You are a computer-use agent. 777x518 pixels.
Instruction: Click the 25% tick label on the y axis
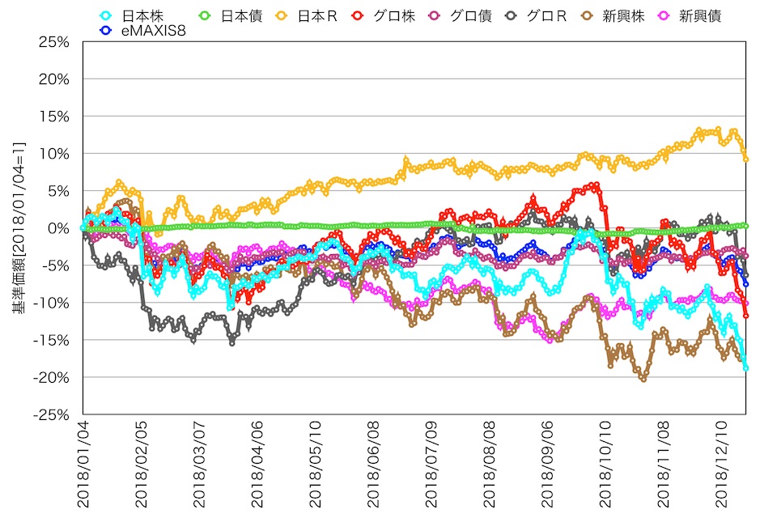(x=53, y=42)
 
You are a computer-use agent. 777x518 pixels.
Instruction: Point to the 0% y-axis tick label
(x=58, y=228)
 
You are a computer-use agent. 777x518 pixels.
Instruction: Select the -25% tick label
(x=51, y=414)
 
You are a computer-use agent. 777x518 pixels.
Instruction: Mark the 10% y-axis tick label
(x=53, y=154)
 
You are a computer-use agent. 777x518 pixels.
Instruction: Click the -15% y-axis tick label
(x=51, y=340)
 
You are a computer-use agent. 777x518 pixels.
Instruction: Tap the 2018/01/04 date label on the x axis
(x=83, y=465)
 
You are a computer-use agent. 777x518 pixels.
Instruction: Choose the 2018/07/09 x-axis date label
(x=431, y=465)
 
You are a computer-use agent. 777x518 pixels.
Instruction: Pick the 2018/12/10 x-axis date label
(x=721, y=465)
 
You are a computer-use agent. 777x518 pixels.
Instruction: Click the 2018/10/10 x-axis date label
(x=605, y=465)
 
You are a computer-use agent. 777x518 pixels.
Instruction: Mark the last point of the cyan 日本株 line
(x=745, y=367)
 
